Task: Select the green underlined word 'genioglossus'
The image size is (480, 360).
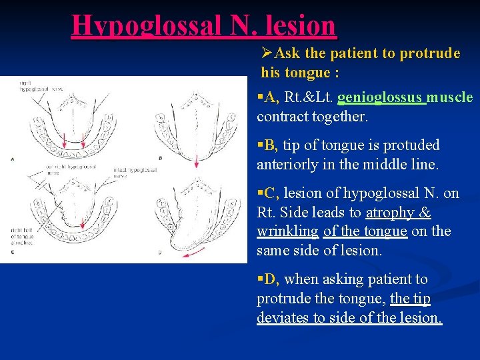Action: tap(381, 98)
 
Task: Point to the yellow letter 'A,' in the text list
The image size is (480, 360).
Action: tap(270, 98)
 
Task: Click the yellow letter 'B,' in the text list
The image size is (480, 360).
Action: tap(270, 145)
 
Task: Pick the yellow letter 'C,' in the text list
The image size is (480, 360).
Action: tap(270, 193)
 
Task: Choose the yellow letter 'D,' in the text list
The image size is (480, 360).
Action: tap(270, 279)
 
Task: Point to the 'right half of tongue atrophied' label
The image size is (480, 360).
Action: tap(23, 234)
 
